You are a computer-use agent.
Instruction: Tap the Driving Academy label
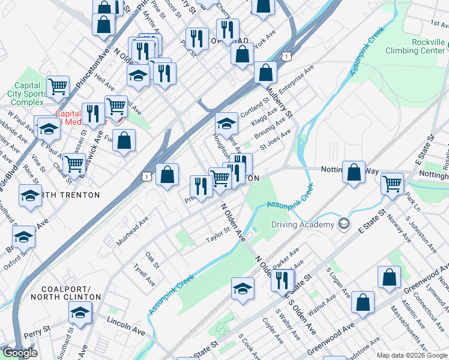pos(303,225)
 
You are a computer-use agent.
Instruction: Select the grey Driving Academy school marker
pos(343,224)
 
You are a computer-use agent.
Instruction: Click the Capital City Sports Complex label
pos(27,94)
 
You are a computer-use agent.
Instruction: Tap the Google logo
pos(20,353)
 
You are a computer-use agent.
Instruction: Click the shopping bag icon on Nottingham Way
pos(355,172)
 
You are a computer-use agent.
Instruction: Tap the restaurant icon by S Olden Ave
pos(282,280)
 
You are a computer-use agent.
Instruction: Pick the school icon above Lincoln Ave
pos(80,312)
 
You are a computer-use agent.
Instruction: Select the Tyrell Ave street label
pos(144,274)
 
